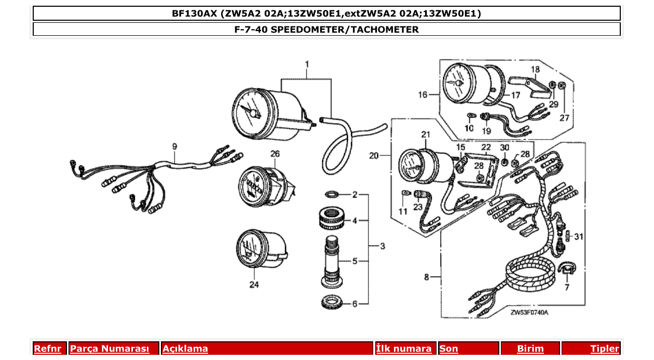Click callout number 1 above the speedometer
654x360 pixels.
(307, 64)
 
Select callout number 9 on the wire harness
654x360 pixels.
(174, 147)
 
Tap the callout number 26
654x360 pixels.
(275, 154)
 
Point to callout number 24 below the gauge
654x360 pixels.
(254, 285)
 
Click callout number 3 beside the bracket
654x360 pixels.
(382, 246)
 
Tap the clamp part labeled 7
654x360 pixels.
(566, 270)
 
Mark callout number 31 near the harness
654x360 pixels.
(579, 237)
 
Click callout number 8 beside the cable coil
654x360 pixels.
(427, 278)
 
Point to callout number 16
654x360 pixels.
(424, 94)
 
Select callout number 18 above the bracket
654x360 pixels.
(535, 69)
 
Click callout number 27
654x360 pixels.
(564, 118)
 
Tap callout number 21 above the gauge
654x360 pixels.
(426, 135)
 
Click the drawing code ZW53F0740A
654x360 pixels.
(529, 313)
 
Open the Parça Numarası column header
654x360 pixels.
(110, 349)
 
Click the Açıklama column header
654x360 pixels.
(185, 349)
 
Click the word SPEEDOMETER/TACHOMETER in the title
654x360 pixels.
(345, 30)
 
